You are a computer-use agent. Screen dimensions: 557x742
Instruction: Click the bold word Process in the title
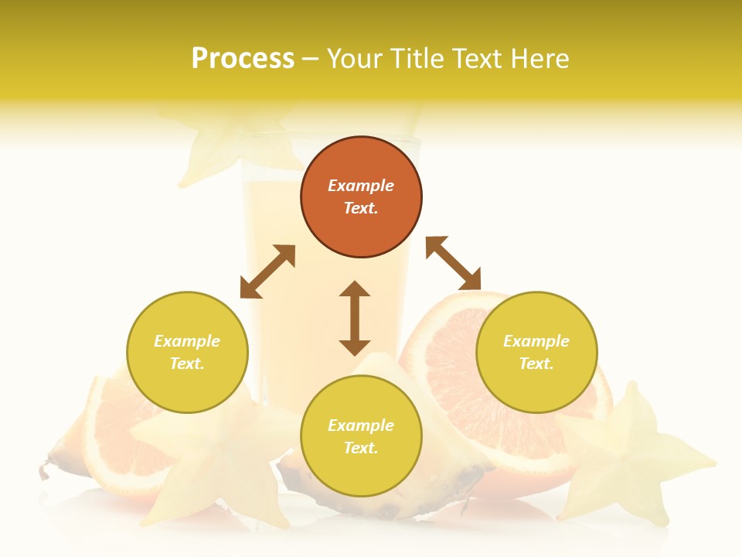[x=243, y=59]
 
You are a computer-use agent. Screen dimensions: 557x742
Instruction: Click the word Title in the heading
[x=414, y=59]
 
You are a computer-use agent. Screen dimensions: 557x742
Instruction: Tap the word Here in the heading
[x=539, y=59]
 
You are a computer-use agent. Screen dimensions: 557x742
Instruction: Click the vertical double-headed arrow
[x=355, y=318]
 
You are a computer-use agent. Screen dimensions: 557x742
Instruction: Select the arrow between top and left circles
[x=267, y=272]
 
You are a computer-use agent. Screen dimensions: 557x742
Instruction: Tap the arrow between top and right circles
[x=453, y=263]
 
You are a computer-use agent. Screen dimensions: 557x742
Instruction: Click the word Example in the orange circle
[x=361, y=186]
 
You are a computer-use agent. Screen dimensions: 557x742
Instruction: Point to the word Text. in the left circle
[x=187, y=364]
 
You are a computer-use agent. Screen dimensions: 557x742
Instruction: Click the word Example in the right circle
[x=536, y=341]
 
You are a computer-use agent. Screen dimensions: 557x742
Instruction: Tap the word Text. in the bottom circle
[x=361, y=448]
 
